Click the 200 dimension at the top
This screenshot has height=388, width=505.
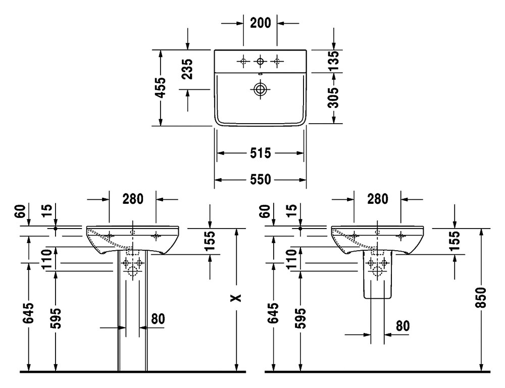[x=260, y=23]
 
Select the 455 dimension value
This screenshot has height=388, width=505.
[x=160, y=88]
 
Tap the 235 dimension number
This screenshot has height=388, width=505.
[x=187, y=69]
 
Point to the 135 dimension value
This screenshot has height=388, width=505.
[x=333, y=62]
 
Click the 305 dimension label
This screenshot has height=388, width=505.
[x=333, y=96]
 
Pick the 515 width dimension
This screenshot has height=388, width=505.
[x=260, y=153]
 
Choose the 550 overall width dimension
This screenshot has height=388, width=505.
[x=260, y=180]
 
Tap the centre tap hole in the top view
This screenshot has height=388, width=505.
[x=260, y=62]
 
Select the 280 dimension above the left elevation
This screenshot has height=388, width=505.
[x=132, y=199]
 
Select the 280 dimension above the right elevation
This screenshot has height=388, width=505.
[x=377, y=199]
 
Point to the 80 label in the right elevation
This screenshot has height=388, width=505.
[x=402, y=325]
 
